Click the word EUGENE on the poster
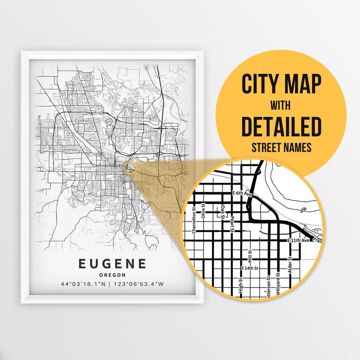coord(112,264)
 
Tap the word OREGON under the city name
coord(112,275)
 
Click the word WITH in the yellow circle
coord(280,106)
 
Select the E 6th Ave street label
coord(241,193)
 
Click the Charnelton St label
coord(193,221)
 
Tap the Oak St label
coord(223,211)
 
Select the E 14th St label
coord(250,268)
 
